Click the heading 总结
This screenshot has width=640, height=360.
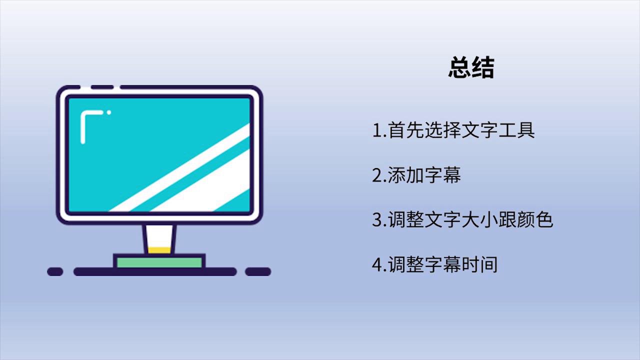471,67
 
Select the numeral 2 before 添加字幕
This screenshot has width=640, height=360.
377,175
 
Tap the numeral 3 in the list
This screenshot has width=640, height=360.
377,219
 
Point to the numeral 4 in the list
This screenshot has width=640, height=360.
377,264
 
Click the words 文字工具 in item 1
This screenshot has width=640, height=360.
498,130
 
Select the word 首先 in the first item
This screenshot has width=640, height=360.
406,130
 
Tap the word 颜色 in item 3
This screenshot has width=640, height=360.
535,219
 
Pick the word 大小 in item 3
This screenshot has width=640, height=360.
480,219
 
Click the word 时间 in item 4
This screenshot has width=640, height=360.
479,264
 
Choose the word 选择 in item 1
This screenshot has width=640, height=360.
443,130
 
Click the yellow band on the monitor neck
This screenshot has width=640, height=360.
159,250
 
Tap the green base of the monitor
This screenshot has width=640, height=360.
159,262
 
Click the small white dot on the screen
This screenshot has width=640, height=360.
109,112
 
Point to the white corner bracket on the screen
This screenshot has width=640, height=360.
83,125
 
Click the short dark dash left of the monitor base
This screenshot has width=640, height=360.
55,271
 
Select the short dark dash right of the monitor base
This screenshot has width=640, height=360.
258,271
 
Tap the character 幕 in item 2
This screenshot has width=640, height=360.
452,175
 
